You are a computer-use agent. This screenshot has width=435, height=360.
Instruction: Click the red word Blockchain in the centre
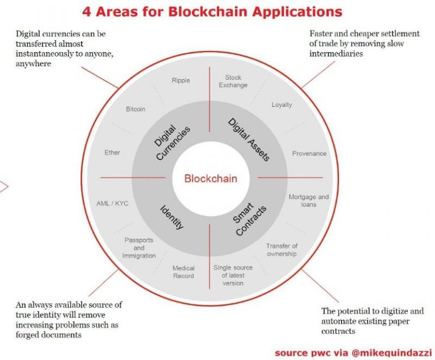coord(211,178)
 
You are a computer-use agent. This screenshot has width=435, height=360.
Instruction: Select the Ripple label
coord(181,80)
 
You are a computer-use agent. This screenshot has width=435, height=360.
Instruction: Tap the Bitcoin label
coord(135,109)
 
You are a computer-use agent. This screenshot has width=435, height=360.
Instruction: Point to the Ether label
coord(112,152)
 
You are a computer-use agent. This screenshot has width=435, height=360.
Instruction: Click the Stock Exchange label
coord(233,82)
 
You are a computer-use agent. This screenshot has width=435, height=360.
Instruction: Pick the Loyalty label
coord(282,105)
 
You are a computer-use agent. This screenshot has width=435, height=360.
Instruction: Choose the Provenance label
coord(309,153)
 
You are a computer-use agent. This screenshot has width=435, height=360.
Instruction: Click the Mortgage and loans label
coord(309,200)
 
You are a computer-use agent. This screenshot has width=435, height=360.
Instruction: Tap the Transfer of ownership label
coord(282,250)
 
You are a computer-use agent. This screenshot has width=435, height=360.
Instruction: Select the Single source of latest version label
coord(233,275)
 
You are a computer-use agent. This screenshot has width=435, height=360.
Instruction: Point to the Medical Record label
coord(184,272)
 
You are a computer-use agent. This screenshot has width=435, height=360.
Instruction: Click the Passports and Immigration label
coord(139,248)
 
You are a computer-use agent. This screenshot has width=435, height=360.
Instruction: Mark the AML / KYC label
coord(112,203)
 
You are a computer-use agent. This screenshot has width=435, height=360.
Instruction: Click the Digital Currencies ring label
coord(172,143)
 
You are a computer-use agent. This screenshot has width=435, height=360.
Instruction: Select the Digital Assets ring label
coord(249,139)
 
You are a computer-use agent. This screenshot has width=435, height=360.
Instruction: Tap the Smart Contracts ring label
coord(249,219)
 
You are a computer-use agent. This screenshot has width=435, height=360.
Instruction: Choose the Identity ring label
coord(172,217)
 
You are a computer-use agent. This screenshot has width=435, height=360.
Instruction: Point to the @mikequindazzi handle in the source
coord(391,353)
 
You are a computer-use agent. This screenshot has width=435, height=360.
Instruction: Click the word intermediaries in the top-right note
coord(336,54)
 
